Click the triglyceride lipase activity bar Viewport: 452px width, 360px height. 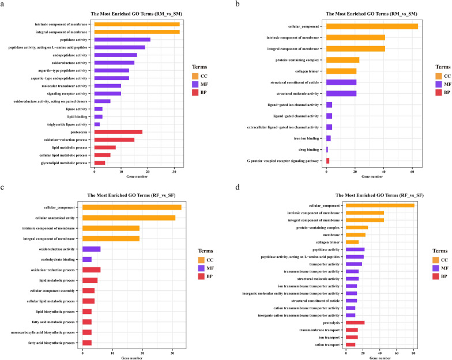pyautogui.click(x=97, y=124)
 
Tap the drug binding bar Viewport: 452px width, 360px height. pyautogui.click(x=327, y=149)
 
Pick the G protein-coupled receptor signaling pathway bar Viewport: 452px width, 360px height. pyautogui.click(x=327, y=160)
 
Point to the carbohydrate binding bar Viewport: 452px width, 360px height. pyautogui.click(x=87, y=259)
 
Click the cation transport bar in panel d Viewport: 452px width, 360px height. pyautogui.click(x=351, y=344)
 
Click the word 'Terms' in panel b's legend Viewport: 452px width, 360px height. pyautogui.click(x=443, y=67)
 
